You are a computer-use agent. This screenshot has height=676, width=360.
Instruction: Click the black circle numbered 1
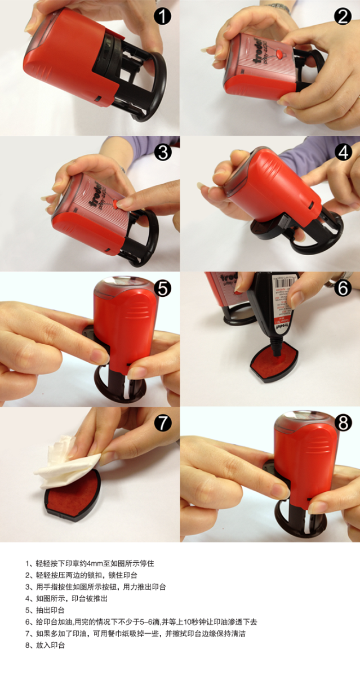pos(163,16)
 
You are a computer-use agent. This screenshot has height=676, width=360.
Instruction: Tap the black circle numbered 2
pos(343,16)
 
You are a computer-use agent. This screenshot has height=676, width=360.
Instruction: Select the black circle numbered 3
pos(163,153)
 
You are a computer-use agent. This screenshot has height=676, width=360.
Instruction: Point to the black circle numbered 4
pos(343,153)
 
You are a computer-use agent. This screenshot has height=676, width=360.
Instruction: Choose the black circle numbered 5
pos(163,288)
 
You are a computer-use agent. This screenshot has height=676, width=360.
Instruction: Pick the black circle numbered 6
pos(343,288)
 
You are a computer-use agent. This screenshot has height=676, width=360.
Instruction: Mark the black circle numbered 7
pos(163,423)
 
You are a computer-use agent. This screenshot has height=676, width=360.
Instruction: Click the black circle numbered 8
pos(343,423)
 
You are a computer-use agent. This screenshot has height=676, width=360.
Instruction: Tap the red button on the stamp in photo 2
pos(278,54)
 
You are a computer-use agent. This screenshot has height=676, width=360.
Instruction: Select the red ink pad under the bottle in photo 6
pos(273,363)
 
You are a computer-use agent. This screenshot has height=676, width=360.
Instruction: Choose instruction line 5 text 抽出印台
pos(50,610)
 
